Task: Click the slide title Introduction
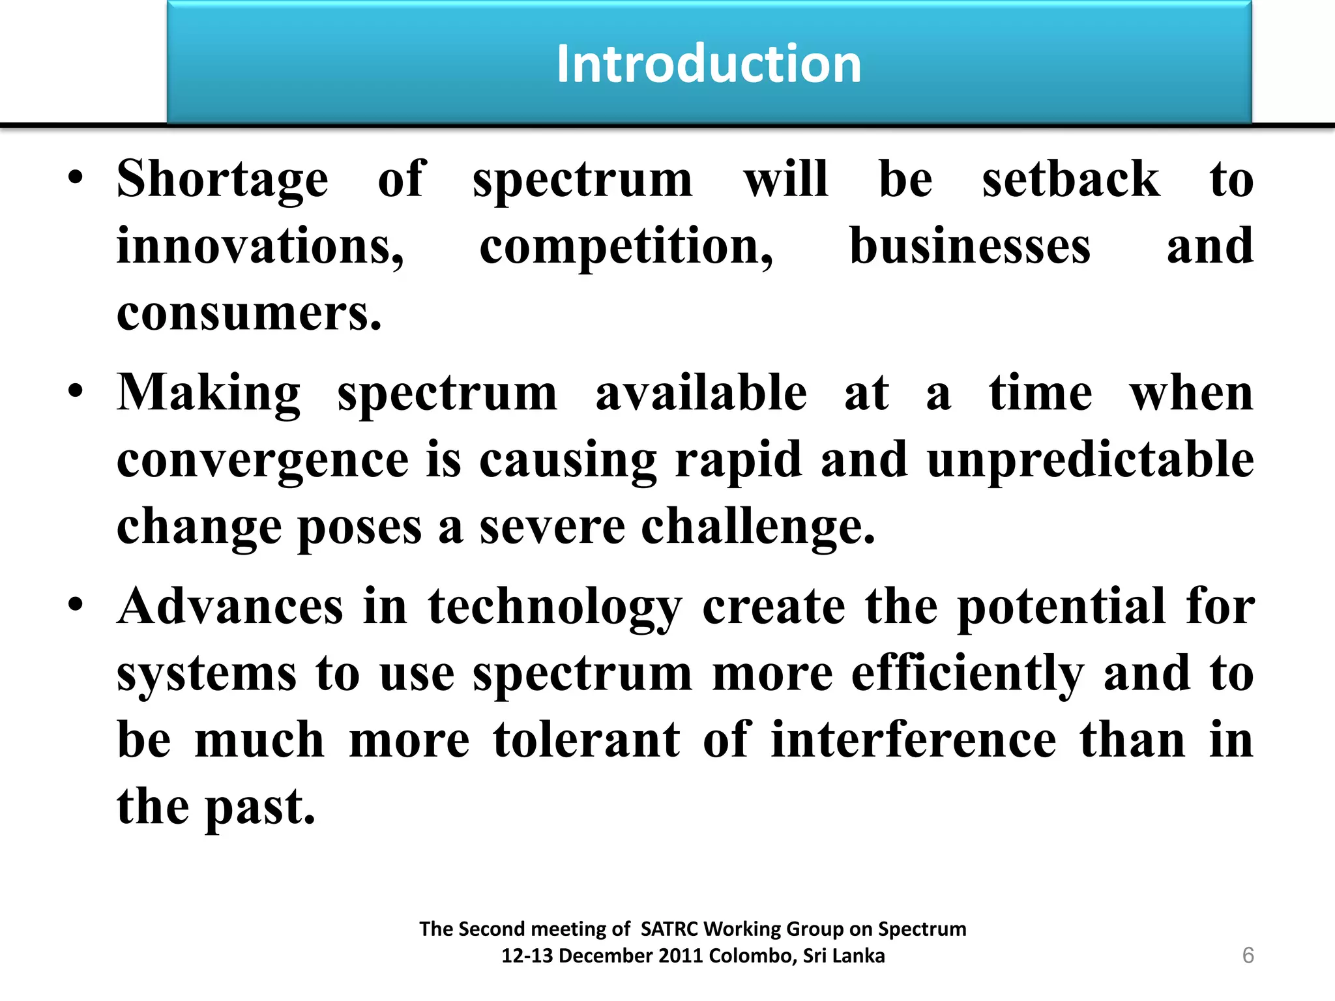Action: pyautogui.click(x=709, y=64)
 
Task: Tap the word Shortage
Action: pyautogui.click(x=222, y=179)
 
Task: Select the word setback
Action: pyautogui.click(x=1071, y=179)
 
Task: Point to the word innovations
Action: pyautogui.click(x=259, y=247)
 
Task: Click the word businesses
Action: pyautogui.click(x=970, y=247)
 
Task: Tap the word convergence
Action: pyautogui.click(x=263, y=460)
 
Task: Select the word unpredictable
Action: pyautogui.click(x=1091, y=460)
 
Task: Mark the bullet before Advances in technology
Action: pyautogui.click(x=76, y=604)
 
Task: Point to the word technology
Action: pyautogui.click(x=555, y=607)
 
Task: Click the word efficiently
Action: pyautogui.click(x=968, y=675)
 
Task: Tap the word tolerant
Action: pyautogui.click(x=587, y=740)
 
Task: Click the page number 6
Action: pyautogui.click(x=1248, y=955)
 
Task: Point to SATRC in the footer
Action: pyautogui.click(x=669, y=929)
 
